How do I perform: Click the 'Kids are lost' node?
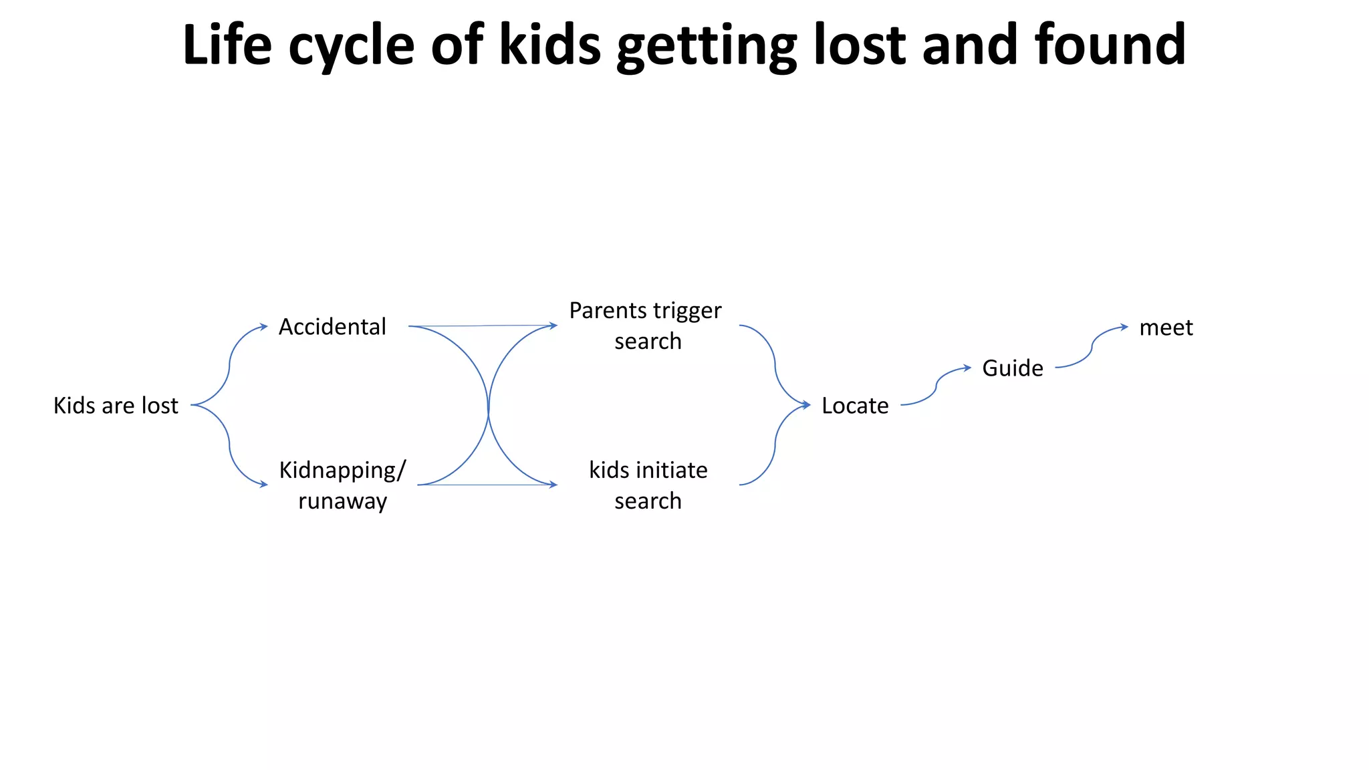[116, 406]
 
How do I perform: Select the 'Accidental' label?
[332, 327]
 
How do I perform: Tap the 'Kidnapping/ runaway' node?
[342, 485]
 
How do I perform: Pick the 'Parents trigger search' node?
[646, 326]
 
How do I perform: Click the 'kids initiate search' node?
[648, 485]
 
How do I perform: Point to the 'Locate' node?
[855, 406]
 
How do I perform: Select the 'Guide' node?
[1012, 368]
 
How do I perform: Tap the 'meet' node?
[1166, 328]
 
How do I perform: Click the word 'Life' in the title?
[227, 45]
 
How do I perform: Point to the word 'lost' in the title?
[860, 45]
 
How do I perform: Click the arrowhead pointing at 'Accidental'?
[264, 327]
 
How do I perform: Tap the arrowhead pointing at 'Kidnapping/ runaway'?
[264, 485]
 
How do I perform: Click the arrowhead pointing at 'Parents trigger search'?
[553, 326]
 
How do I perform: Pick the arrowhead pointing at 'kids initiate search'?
[553, 485]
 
